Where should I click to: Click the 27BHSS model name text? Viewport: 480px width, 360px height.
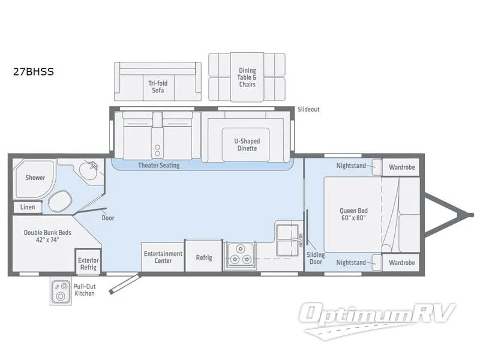[34, 73]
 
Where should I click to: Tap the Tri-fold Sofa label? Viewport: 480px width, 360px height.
[158, 87]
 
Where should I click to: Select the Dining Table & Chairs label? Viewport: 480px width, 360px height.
[247, 77]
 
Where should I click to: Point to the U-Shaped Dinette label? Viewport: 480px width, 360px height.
[247, 145]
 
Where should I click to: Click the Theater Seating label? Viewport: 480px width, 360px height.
[158, 165]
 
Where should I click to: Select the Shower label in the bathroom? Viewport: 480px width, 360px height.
[35, 178]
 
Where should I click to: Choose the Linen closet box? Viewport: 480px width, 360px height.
[28, 207]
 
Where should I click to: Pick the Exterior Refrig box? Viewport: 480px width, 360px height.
[88, 263]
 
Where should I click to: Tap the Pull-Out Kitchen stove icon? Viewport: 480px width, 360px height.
[59, 292]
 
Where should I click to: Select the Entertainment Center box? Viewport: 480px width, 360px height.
[163, 257]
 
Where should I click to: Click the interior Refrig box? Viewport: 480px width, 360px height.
[204, 257]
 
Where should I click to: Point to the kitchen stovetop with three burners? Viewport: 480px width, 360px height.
[239, 257]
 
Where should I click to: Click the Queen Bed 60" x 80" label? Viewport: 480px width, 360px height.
[353, 214]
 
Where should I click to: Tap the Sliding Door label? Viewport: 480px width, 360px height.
[316, 258]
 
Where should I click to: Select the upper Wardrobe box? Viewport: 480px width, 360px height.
[401, 167]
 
